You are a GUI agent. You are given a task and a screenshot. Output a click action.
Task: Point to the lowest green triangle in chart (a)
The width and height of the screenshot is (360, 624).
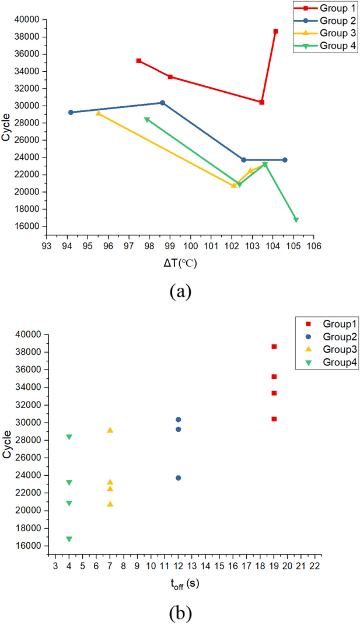click(x=296, y=220)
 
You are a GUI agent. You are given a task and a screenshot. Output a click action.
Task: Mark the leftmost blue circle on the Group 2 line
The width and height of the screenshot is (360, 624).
click(x=71, y=113)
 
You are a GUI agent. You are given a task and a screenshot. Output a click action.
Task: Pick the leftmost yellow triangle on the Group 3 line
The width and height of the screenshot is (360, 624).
click(x=98, y=113)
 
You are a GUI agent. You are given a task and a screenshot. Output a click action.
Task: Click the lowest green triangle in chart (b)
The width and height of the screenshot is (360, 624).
click(x=69, y=539)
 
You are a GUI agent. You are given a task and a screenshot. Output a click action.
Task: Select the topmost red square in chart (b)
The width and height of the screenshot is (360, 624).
click(x=274, y=347)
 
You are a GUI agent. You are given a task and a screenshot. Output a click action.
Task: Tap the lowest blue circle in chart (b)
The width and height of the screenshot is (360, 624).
click(x=179, y=478)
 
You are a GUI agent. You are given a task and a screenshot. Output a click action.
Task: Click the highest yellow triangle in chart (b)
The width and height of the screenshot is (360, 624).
click(x=110, y=430)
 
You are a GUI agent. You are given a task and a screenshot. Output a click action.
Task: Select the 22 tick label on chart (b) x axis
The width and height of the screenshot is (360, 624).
click(x=314, y=566)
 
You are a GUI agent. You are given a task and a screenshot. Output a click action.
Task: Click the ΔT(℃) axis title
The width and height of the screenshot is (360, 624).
click(x=180, y=263)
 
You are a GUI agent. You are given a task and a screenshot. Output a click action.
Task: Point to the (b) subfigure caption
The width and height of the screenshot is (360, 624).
click(x=180, y=613)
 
